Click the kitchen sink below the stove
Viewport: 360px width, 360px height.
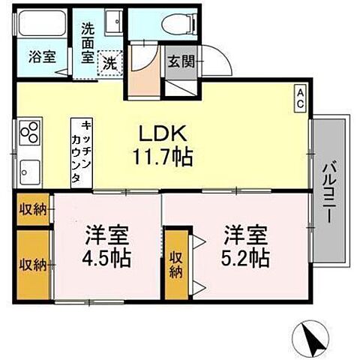click(28, 169)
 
